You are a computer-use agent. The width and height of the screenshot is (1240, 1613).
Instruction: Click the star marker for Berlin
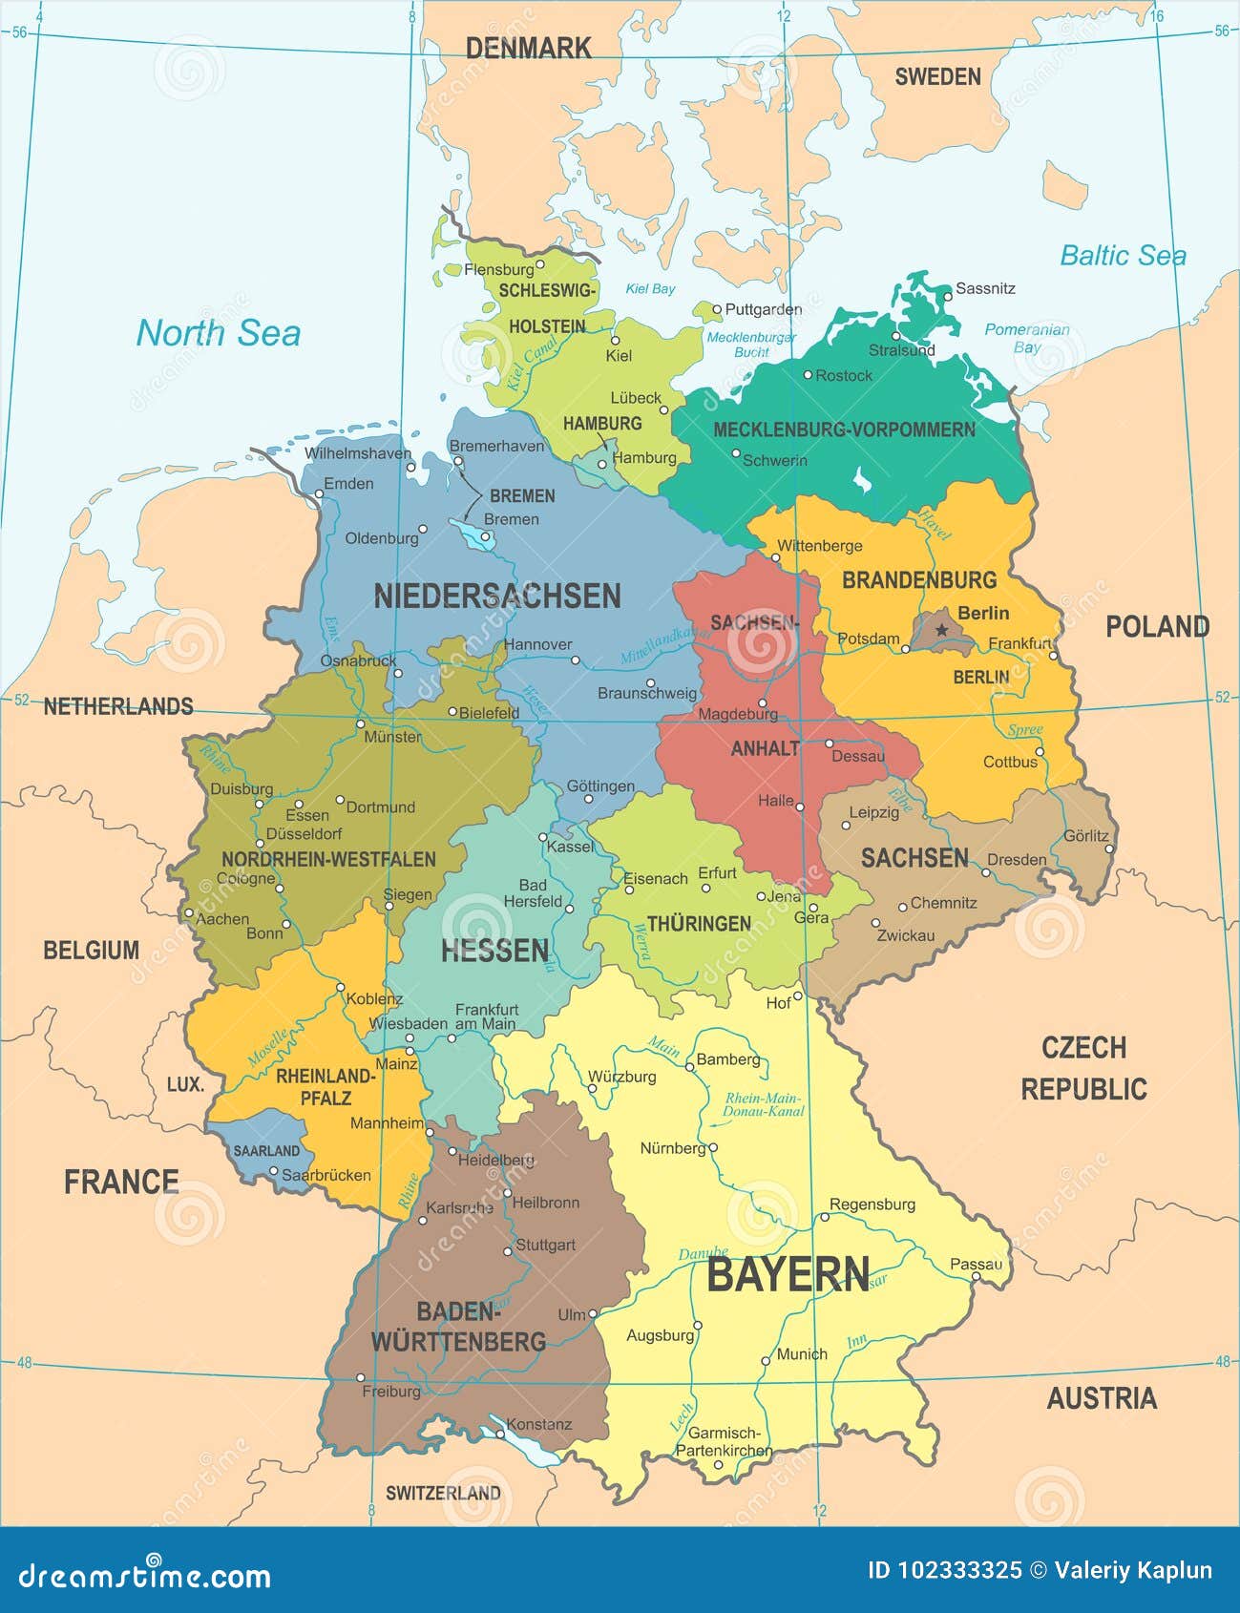click(x=942, y=629)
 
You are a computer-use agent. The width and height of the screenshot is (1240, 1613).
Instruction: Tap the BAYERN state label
click(x=788, y=1275)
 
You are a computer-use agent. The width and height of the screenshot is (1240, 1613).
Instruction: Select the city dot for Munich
click(x=766, y=1361)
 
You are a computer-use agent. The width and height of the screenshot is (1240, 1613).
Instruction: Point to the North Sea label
click(x=218, y=333)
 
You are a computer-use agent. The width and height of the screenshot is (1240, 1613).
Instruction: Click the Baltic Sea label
click(x=1123, y=256)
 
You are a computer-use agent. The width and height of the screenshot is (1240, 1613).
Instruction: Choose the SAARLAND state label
click(x=266, y=1151)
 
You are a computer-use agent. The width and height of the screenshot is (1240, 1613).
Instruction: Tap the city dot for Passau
click(x=976, y=1277)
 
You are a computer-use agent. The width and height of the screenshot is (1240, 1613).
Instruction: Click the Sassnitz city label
click(x=985, y=288)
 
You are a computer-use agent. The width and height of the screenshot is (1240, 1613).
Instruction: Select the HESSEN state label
click(x=494, y=951)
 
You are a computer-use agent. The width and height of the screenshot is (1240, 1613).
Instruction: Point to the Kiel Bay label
click(x=650, y=288)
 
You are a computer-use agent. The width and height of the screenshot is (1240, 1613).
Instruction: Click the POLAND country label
click(x=1157, y=627)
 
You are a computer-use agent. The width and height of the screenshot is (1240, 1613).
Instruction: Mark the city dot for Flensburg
click(x=539, y=264)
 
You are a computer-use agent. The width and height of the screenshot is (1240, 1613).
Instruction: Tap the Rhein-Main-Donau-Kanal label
click(x=763, y=1104)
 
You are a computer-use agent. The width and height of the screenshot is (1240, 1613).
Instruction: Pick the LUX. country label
click(x=185, y=1084)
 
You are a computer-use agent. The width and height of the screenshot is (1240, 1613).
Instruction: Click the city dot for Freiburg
click(x=361, y=1377)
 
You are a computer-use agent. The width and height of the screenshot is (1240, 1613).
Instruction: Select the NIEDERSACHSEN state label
click(x=496, y=597)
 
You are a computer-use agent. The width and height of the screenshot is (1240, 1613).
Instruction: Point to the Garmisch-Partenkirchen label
click(x=724, y=1442)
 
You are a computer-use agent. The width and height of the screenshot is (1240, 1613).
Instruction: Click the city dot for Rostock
click(x=808, y=375)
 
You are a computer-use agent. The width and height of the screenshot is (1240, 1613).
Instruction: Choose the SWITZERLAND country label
click(x=443, y=1493)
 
